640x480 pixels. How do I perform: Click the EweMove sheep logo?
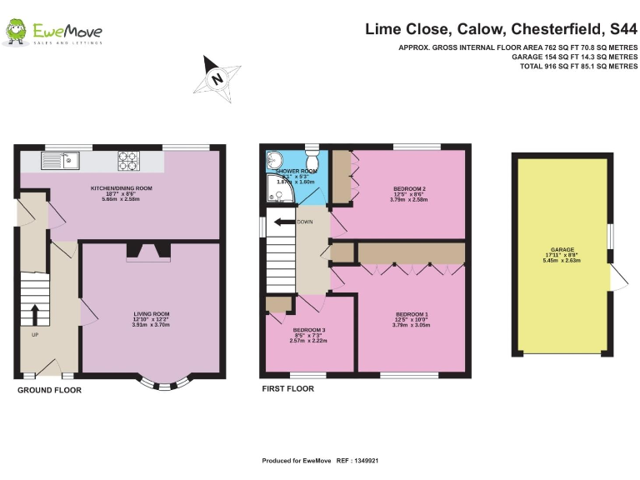[x=16, y=32]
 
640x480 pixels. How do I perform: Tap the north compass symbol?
[x=217, y=78]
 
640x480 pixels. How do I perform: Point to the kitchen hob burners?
[x=128, y=157]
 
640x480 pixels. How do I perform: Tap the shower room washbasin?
[x=276, y=161]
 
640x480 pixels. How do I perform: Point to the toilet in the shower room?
[x=312, y=158]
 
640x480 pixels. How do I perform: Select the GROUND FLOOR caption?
[x=49, y=389]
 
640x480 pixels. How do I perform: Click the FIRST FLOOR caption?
[x=287, y=389]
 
